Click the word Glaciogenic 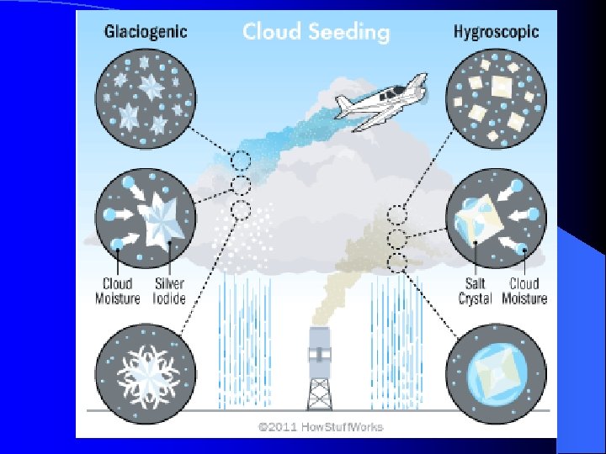pyautogui.click(x=146, y=33)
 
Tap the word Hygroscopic pyautogui.click(x=496, y=33)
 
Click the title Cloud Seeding pyautogui.click(x=316, y=32)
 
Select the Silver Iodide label pyautogui.click(x=168, y=291)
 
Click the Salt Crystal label pyautogui.click(x=476, y=291)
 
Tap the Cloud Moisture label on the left pyautogui.click(x=117, y=291)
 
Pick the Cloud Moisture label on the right pyautogui.click(x=525, y=291)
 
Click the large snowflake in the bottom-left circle pyautogui.click(x=147, y=370)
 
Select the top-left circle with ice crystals pyautogui.click(x=146, y=93)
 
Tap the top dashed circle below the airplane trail pyautogui.click(x=241, y=159)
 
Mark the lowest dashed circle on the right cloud pyautogui.click(x=397, y=262)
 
